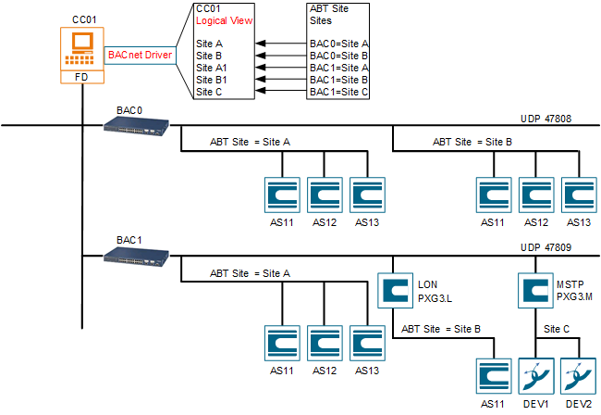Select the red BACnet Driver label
[139, 56]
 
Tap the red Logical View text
[225, 20]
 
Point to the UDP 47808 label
[546, 119]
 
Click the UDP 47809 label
[546, 248]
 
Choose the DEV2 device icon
[579, 376]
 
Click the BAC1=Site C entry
[338, 93]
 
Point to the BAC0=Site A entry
[338, 44]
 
